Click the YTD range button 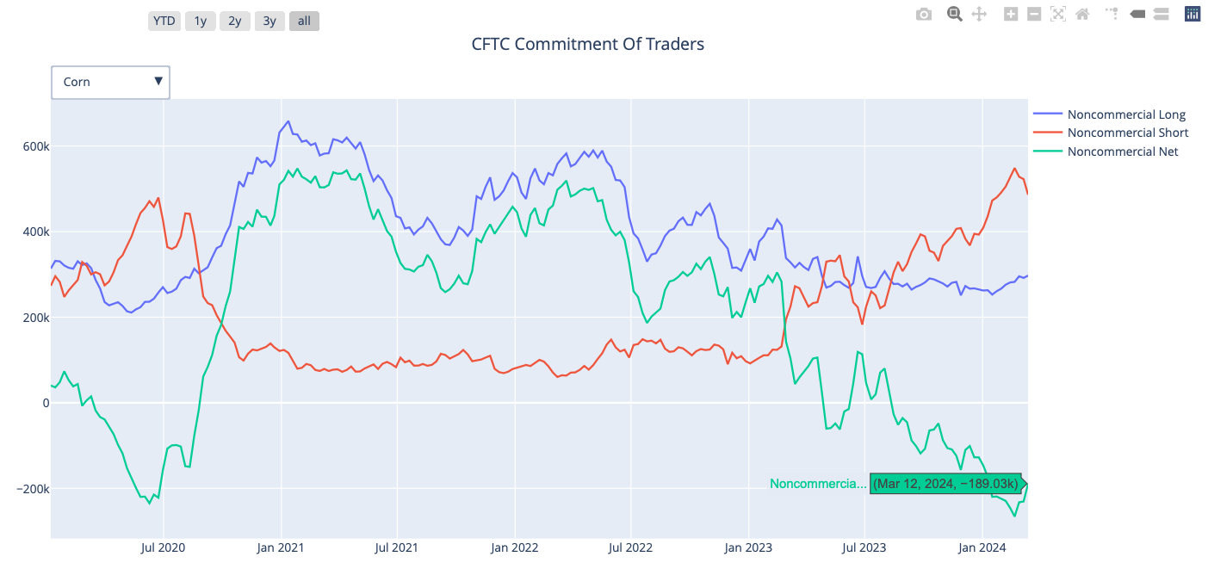pos(164,21)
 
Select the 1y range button pos(201,21)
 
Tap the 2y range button pos(234,21)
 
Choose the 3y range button pos(269,21)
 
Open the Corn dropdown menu pos(110,82)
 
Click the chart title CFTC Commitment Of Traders pos(587,44)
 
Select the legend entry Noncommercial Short pos(1127,133)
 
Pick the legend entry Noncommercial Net pos(1122,152)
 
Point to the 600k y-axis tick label pos(35,146)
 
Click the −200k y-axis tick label pos(31,489)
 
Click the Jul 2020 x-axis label pos(163,547)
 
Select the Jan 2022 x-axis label pos(514,547)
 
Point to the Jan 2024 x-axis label pos(982,547)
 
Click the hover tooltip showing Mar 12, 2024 pos(945,484)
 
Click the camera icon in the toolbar pos(924,14)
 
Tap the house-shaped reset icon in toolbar pos(1082,14)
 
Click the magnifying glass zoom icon pos(954,14)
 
